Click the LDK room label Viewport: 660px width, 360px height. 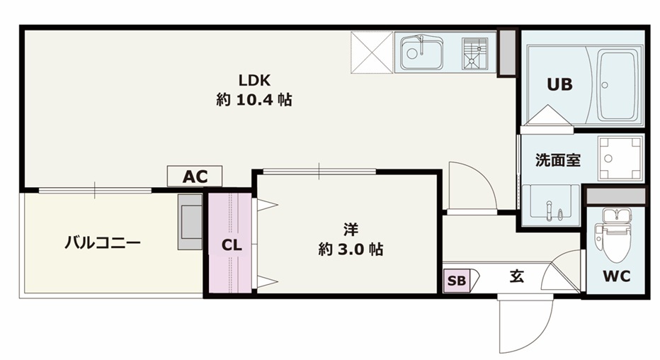(x=254, y=80)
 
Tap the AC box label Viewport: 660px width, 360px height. (x=195, y=176)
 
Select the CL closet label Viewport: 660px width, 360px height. (x=232, y=245)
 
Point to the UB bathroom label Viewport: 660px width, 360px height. (x=560, y=84)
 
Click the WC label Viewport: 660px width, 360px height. (x=616, y=276)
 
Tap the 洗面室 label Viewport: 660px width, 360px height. (x=558, y=160)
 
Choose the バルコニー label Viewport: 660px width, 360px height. (x=103, y=243)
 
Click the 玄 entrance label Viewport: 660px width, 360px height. (x=517, y=276)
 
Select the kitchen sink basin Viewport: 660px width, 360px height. (x=421, y=53)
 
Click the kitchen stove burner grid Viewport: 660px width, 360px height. (x=475, y=53)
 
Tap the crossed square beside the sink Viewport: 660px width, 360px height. (x=372, y=52)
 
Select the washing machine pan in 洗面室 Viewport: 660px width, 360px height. (x=620, y=158)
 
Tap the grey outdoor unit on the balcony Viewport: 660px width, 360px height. (x=190, y=222)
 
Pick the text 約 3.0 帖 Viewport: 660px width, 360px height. (x=351, y=249)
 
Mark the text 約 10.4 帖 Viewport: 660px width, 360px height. (x=254, y=100)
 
